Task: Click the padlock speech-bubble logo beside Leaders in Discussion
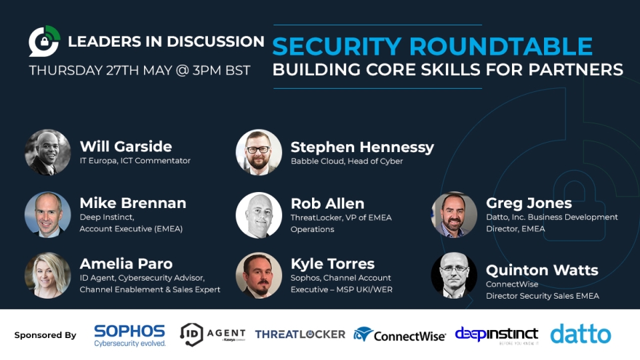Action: [45, 41]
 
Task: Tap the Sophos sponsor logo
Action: [130, 335]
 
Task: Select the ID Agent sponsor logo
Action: [213, 335]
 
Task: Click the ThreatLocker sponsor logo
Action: [300, 334]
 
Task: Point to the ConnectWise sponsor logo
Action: [399, 335]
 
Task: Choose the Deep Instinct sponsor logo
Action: [497, 335]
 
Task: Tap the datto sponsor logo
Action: [581, 334]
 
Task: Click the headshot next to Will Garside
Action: [48, 153]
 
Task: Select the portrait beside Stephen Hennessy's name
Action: [259, 153]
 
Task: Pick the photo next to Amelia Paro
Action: [48, 275]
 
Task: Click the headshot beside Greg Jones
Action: [454, 215]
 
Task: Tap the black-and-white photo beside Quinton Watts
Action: [454, 275]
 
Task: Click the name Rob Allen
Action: [327, 203]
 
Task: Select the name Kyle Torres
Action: [333, 264]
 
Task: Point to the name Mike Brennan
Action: [133, 203]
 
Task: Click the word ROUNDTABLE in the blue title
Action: [501, 46]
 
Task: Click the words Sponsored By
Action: [45, 335]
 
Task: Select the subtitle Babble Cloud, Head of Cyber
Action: [347, 161]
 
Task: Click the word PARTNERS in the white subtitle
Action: [576, 69]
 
